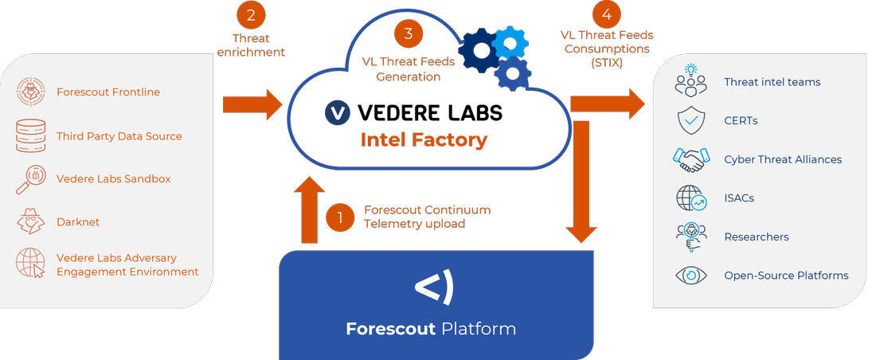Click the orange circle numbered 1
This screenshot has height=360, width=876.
(x=340, y=217)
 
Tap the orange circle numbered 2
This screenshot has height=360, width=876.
(x=251, y=14)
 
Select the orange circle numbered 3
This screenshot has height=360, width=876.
(x=409, y=33)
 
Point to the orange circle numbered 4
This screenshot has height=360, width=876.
(x=604, y=14)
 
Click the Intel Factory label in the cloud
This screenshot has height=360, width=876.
(x=424, y=140)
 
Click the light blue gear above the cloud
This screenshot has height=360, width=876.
(x=510, y=41)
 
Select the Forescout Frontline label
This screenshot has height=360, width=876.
(x=108, y=92)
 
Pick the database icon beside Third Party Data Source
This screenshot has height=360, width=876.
(x=32, y=136)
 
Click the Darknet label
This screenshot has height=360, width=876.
(x=78, y=222)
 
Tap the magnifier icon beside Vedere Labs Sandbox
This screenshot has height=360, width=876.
(x=31, y=179)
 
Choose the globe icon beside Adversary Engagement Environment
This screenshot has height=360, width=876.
(x=32, y=264)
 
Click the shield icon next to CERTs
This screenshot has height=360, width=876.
(x=690, y=121)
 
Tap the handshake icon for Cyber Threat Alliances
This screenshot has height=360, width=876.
(x=690, y=159)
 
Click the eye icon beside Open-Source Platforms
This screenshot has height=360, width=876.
(x=690, y=276)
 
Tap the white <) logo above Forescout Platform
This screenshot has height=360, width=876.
(x=435, y=288)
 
